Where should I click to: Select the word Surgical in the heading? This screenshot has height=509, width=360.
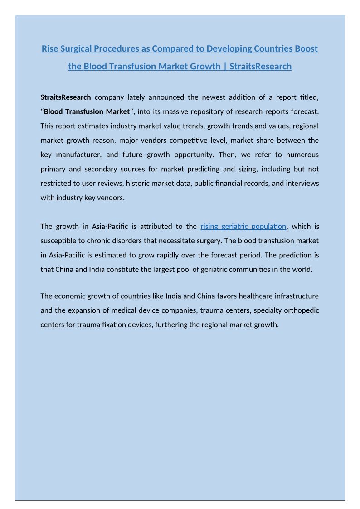click(77, 48)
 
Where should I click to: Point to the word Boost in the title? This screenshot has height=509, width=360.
click(306, 48)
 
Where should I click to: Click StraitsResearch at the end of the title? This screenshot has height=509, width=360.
click(261, 66)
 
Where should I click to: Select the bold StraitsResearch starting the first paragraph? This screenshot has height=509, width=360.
click(66, 97)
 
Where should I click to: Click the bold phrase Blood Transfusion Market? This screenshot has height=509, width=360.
click(87, 111)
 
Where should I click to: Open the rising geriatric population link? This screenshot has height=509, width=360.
click(243, 226)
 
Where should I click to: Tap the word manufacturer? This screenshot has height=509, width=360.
click(77, 155)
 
